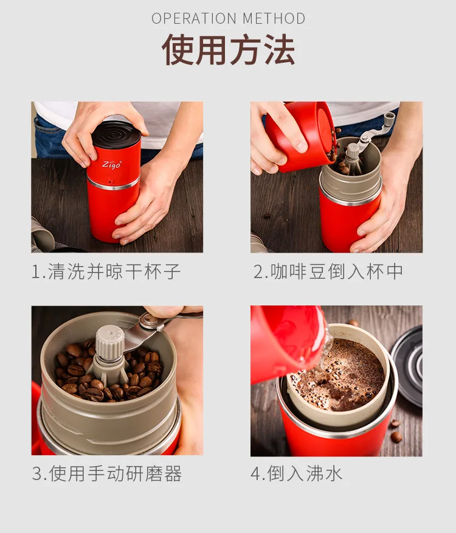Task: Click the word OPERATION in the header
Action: (194, 18)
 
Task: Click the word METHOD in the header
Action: (274, 18)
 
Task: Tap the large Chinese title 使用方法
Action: (228, 50)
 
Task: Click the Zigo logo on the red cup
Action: (112, 164)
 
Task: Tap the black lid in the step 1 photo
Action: (116, 133)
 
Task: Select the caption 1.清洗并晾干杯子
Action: (106, 271)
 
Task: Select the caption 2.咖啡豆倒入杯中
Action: (328, 271)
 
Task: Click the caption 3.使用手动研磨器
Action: (107, 473)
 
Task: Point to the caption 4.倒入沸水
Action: (296, 473)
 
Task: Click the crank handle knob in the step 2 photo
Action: (389, 119)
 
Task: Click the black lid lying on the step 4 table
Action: (407, 366)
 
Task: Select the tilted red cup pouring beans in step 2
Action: (300, 136)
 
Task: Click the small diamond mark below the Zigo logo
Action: (110, 182)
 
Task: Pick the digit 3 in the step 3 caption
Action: (37, 474)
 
